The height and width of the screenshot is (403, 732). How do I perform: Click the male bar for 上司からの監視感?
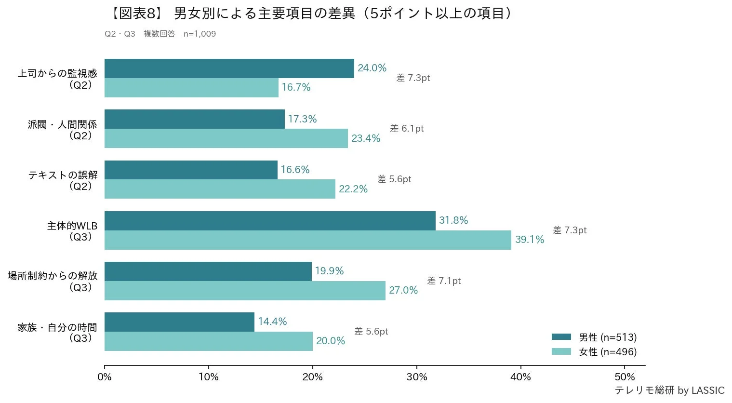click(x=229, y=68)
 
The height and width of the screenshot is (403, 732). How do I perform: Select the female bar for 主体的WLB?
click(x=307, y=240)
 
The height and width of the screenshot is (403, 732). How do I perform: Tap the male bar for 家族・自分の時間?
click(x=179, y=322)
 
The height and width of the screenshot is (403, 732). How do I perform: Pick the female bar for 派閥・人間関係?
click(x=226, y=138)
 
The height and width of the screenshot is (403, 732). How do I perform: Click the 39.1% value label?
click(x=529, y=240)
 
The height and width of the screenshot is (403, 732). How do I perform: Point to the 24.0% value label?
click(x=372, y=68)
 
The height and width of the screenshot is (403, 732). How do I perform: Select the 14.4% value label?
click(x=272, y=322)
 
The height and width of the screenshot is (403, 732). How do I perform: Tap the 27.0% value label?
click(x=403, y=290)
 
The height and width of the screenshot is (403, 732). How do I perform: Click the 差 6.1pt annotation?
click(x=407, y=129)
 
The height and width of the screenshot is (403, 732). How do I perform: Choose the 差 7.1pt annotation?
click(x=444, y=281)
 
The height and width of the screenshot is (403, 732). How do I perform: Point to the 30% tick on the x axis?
click(x=416, y=377)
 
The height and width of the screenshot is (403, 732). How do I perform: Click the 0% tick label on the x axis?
click(x=105, y=377)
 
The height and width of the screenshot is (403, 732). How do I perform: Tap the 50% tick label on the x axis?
click(x=625, y=377)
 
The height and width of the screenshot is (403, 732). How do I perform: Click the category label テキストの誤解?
click(x=63, y=175)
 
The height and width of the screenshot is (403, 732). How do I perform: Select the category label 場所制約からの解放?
click(x=53, y=276)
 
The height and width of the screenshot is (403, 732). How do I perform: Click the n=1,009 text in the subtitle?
click(x=200, y=34)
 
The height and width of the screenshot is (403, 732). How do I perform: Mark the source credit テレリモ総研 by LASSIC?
click(x=669, y=390)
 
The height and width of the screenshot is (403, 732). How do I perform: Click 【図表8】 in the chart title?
click(x=136, y=13)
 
